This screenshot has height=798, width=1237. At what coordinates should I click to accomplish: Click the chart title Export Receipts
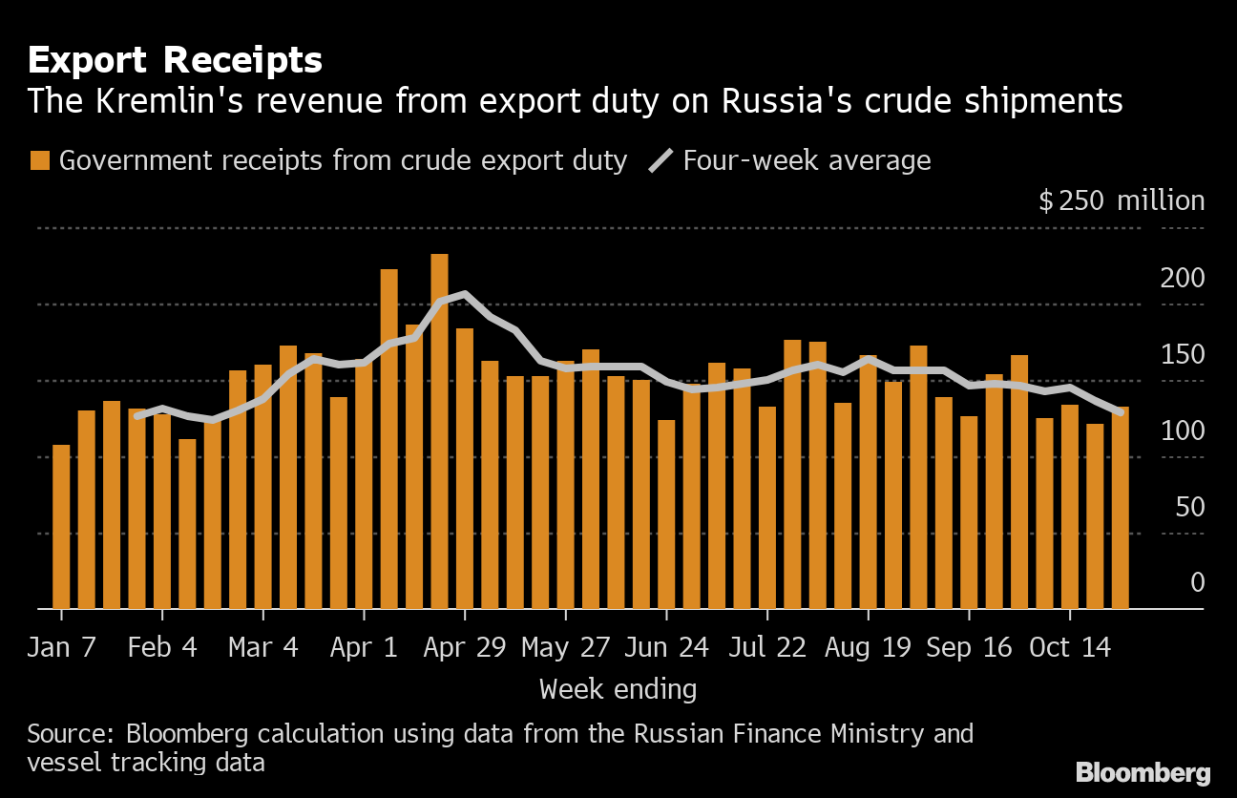tap(175, 60)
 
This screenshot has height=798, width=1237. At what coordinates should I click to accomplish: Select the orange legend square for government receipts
tap(40, 160)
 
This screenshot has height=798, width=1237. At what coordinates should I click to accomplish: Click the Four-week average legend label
tap(807, 160)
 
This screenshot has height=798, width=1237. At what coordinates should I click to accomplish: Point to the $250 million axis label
tap(1122, 200)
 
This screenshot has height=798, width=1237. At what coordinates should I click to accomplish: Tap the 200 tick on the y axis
tap(1182, 279)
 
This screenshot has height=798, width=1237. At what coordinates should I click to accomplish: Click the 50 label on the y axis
tap(1189, 507)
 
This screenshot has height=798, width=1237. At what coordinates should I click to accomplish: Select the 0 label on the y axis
tap(1197, 582)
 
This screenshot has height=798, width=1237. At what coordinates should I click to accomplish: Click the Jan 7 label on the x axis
tap(61, 647)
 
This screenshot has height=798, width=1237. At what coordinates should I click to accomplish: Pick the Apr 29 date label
tap(465, 647)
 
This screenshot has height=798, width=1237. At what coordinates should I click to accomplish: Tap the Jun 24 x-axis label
tap(666, 647)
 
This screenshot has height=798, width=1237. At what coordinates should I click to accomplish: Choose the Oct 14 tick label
tap(1070, 647)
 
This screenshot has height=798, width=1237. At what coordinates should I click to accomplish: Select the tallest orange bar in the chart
tap(440, 431)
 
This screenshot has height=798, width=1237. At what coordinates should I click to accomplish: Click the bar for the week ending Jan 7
tap(61, 527)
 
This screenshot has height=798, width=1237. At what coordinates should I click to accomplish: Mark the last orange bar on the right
tap(1120, 508)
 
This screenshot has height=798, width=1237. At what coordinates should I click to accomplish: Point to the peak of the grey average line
tap(465, 294)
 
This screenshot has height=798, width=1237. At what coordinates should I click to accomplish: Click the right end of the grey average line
tap(1121, 412)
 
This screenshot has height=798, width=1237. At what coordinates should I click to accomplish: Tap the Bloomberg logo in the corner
tap(1143, 772)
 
